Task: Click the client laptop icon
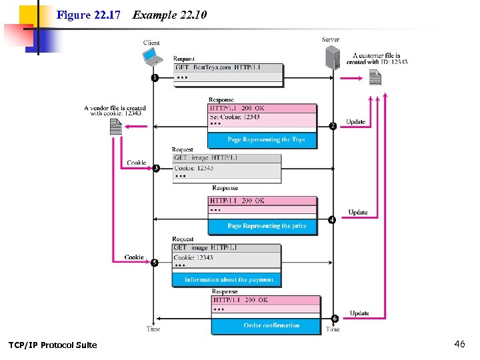[x=153, y=57]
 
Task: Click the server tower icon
[x=333, y=57]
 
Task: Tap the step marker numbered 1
[x=155, y=77]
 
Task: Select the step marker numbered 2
[x=332, y=126]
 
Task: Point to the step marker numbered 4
[x=332, y=219]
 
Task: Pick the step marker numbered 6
[x=334, y=318]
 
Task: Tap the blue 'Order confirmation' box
[x=271, y=325]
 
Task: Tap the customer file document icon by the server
[x=375, y=78]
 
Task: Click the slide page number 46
[x=459, y=344]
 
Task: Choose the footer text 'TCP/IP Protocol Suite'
[x=53, y=345]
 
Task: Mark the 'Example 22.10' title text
[x=169, y=14]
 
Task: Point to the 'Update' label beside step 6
[x=359, y=313]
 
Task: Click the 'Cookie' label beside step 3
[x=137, y=163]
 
